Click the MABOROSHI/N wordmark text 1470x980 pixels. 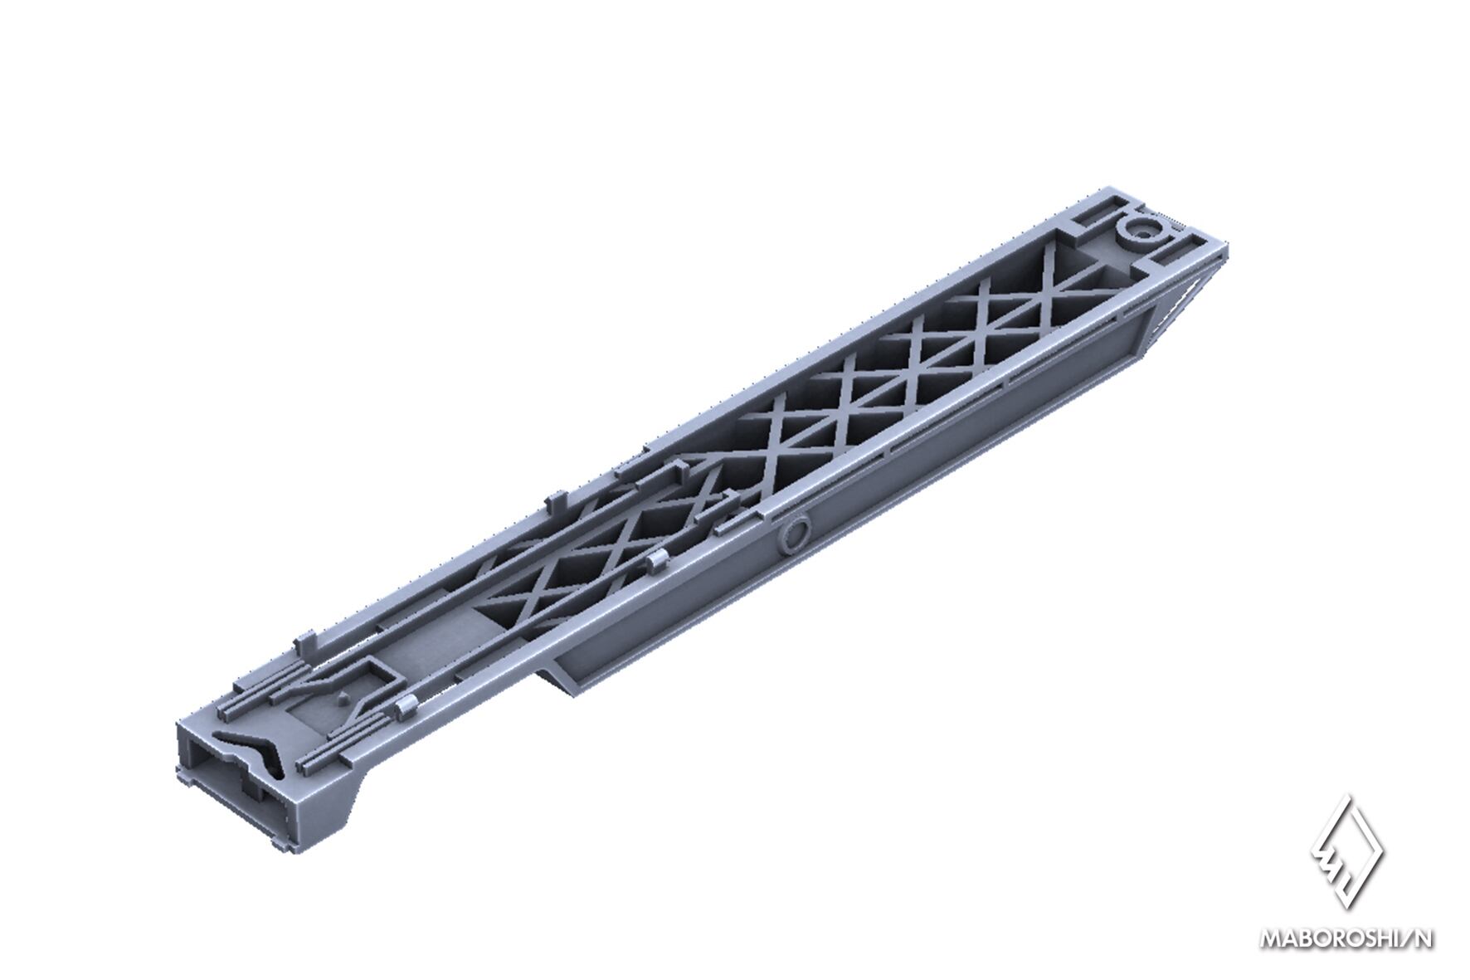tap(1347, 939)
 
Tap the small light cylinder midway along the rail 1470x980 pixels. tap(657, 562)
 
